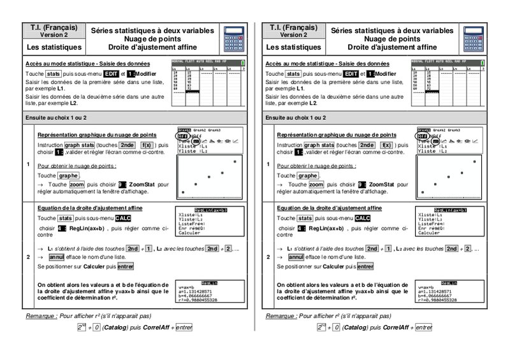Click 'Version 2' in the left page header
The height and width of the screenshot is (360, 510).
pos(54,35)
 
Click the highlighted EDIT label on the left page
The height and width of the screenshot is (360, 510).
pos(112,75)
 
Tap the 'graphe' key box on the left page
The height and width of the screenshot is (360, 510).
pos(68,175)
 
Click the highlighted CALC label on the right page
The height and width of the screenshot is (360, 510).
pos(354,218)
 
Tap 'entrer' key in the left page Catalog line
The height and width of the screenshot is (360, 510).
pos(184,327)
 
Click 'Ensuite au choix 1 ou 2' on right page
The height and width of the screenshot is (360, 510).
pos(296,118)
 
